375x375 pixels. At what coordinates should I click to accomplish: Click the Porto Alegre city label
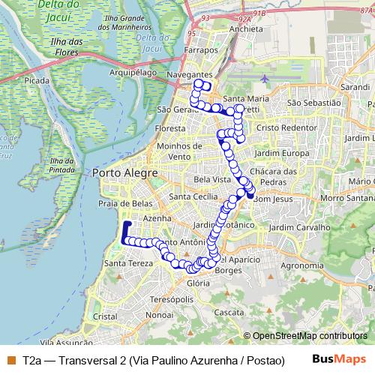tap(124, 173)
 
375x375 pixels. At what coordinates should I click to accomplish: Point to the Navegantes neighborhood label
tap(187, 76)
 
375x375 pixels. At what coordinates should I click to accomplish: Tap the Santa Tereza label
tap(127, 264)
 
